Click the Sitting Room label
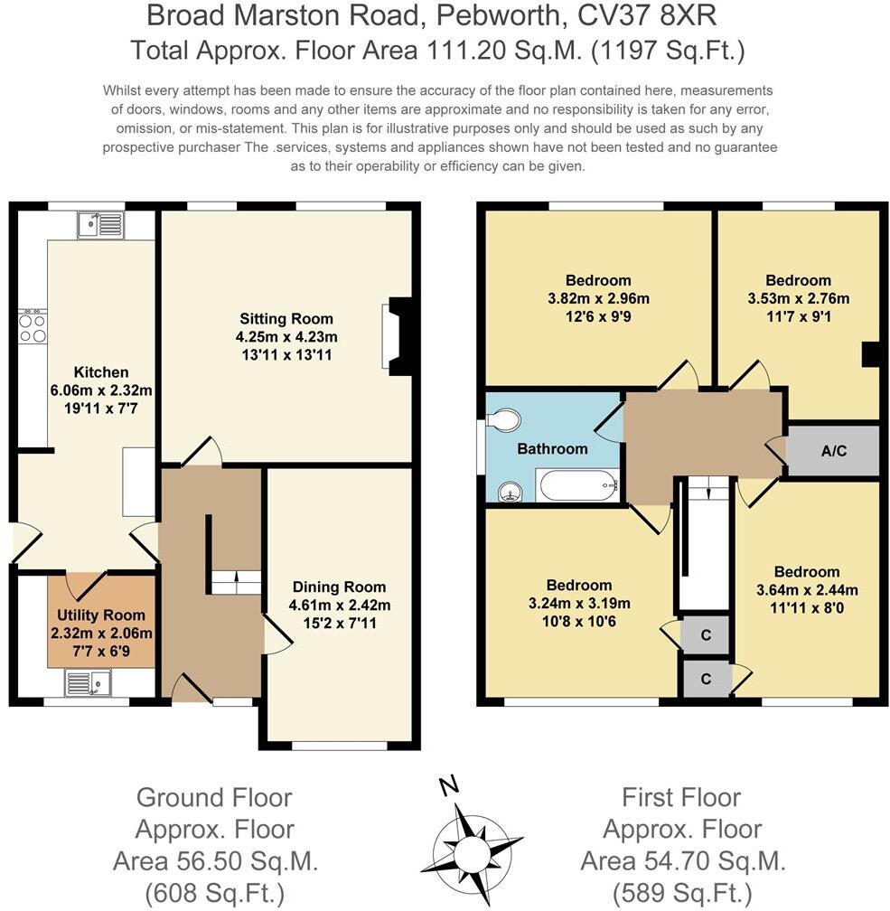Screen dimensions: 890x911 (x=286, y=318)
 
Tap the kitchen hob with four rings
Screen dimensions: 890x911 (x=33, y=327)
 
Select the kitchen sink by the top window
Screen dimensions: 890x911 (x=100, y=224)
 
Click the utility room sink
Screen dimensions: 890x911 (x=87, y=682)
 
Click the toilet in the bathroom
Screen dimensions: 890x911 (x=502, y=419)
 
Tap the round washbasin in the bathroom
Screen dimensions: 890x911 (x=511, y=492)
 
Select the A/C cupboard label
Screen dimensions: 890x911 (x=834, y=450)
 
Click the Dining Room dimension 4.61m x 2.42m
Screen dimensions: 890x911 (x=340, y=605)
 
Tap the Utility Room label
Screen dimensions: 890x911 (x=101, y=615)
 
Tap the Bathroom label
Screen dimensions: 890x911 (x=552, y=448)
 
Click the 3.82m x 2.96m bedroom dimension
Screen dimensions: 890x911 (x=598, y=298)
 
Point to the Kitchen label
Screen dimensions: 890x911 (x=101, y=371)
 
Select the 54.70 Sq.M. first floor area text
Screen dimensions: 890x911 (x=683, y=860)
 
